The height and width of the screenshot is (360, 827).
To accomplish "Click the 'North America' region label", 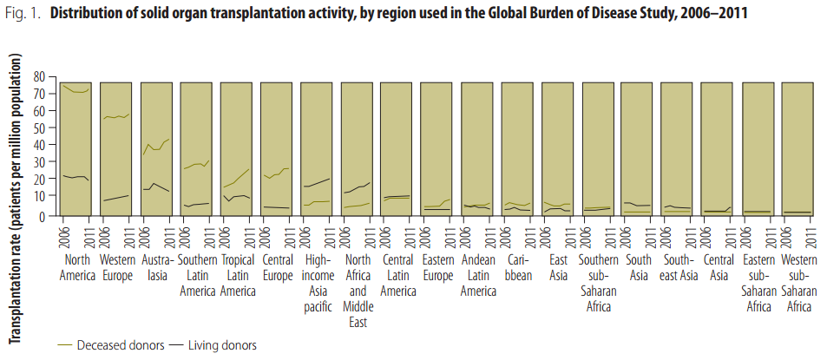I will pos(75,268).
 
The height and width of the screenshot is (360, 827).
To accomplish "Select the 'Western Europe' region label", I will pos(116,268).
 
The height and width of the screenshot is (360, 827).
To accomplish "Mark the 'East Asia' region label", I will pos(557,268).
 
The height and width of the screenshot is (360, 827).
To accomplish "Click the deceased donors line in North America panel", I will pos(76,90).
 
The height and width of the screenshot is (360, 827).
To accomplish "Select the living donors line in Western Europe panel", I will pos(116,198).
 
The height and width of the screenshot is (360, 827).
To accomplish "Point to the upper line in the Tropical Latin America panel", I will pos(236,179).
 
